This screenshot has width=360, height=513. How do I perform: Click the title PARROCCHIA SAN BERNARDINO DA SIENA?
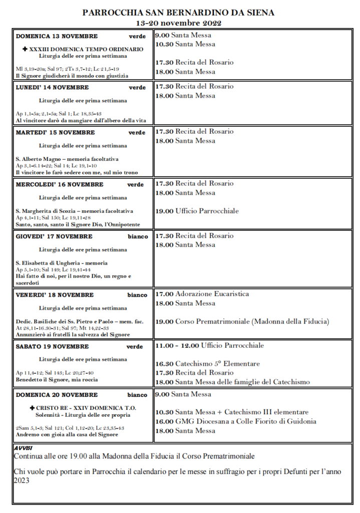coord(179,13)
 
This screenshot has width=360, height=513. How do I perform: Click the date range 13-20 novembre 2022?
coord(179,23)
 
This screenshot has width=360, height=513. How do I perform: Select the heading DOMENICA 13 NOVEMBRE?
coord(57,36)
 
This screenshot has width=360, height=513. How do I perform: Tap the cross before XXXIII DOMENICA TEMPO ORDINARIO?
coord(25,49)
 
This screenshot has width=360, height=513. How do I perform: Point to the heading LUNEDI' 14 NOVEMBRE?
coord(52,87)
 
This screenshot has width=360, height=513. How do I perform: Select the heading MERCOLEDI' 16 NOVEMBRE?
coord(60,184)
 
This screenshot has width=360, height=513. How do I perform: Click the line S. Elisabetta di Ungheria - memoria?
coord(62,263)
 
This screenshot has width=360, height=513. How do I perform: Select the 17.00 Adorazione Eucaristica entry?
coord(202,294)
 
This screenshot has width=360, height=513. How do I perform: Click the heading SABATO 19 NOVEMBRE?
coord(52,346)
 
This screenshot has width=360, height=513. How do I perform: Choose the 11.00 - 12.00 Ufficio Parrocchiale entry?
coord(209,346)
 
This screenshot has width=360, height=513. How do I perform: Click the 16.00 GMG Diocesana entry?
coord(235,421)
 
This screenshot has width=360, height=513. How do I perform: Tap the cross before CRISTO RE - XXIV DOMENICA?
coord(32,408)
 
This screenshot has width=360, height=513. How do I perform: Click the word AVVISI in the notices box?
coord(23,447)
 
